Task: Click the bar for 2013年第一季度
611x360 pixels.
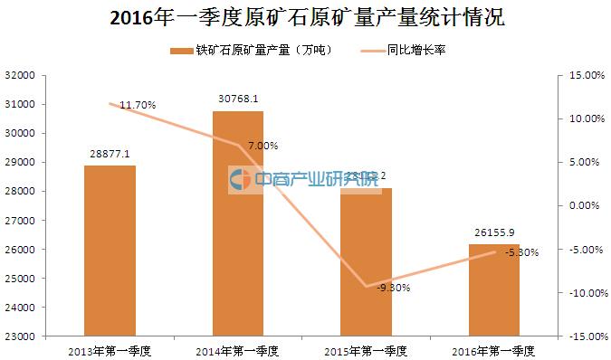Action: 110,251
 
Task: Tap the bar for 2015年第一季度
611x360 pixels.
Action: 367,261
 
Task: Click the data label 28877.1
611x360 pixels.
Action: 110,156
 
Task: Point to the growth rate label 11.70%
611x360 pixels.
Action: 137,106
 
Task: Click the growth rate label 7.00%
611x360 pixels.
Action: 262,146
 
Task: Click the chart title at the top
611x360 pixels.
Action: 305,18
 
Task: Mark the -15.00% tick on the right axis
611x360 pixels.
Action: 585,336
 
